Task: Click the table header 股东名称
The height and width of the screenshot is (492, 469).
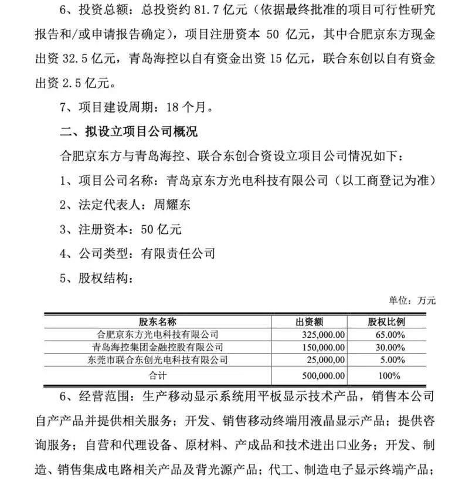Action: (x=158, y=322)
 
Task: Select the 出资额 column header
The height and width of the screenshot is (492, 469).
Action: (x=310, y=322)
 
